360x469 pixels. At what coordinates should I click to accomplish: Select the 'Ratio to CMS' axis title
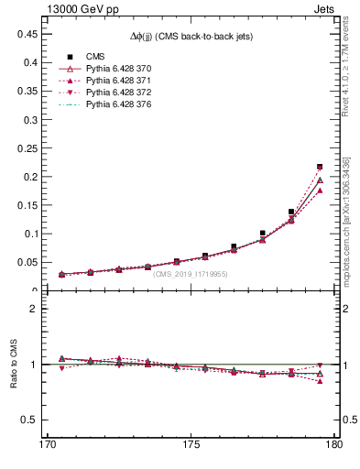14,364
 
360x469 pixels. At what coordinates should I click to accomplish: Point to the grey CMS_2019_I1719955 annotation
191,274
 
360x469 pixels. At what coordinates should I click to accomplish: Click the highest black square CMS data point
320,167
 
